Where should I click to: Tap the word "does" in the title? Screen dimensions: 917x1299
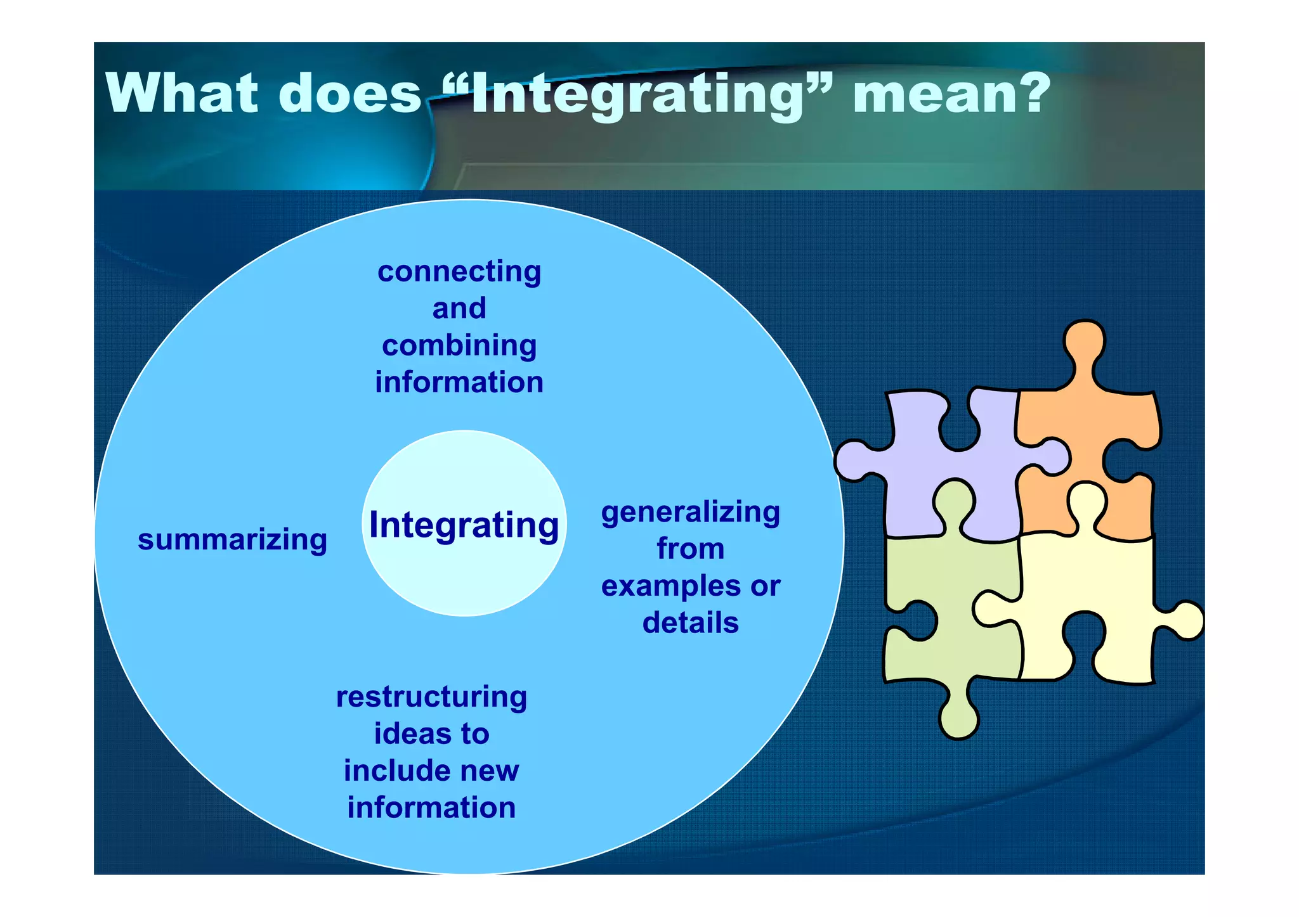tap(350, 94)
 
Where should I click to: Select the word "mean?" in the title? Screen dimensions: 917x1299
tap(951, 94)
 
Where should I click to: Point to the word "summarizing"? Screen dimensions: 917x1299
tap(232, 540)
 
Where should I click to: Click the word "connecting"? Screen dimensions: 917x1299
tap(459, 273)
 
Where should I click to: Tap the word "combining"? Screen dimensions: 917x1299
tap(459, 346)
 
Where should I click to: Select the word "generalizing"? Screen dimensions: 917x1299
tap(691, 512)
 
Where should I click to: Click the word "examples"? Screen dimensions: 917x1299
tap(665, 587)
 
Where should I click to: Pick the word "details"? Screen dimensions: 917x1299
tap(691, 623)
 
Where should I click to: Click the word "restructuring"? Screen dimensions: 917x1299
tap(431, 697)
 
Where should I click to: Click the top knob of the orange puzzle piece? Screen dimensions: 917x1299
tap(1085, 342)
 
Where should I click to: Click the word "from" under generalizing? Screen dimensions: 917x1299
tap(691, 549)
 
